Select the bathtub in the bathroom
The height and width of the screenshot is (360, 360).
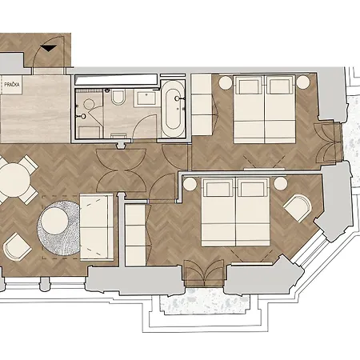173,110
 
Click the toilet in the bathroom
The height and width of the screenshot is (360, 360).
118,98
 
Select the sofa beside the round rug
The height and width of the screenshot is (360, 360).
95,226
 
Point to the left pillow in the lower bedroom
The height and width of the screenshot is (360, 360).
218,190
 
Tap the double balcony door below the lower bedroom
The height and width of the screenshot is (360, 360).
204,275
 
